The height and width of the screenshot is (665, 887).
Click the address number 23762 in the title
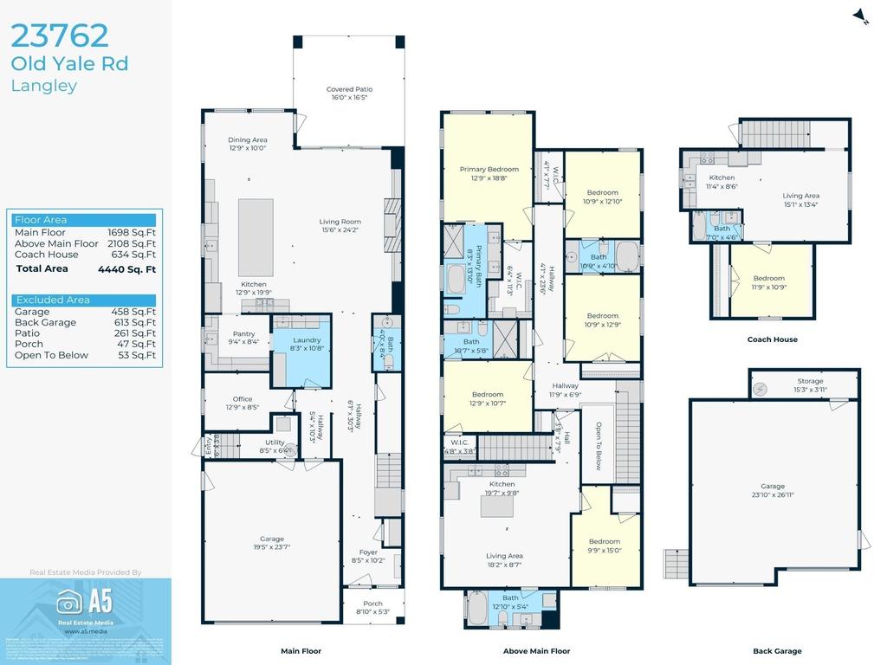60,36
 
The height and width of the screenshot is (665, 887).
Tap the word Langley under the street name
44,86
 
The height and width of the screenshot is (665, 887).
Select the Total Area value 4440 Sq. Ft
126,269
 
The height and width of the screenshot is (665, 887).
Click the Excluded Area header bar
84,300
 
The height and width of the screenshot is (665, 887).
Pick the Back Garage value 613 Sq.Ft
133,322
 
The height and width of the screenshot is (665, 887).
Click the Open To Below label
598,447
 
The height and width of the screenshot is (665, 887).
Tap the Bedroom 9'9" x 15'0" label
604,546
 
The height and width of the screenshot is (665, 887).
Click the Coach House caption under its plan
772,339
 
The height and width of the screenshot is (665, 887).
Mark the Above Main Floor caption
536,651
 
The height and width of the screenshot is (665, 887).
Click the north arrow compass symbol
859,16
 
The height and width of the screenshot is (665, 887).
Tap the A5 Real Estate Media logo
85,605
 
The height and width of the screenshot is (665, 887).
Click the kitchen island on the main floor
256,225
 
